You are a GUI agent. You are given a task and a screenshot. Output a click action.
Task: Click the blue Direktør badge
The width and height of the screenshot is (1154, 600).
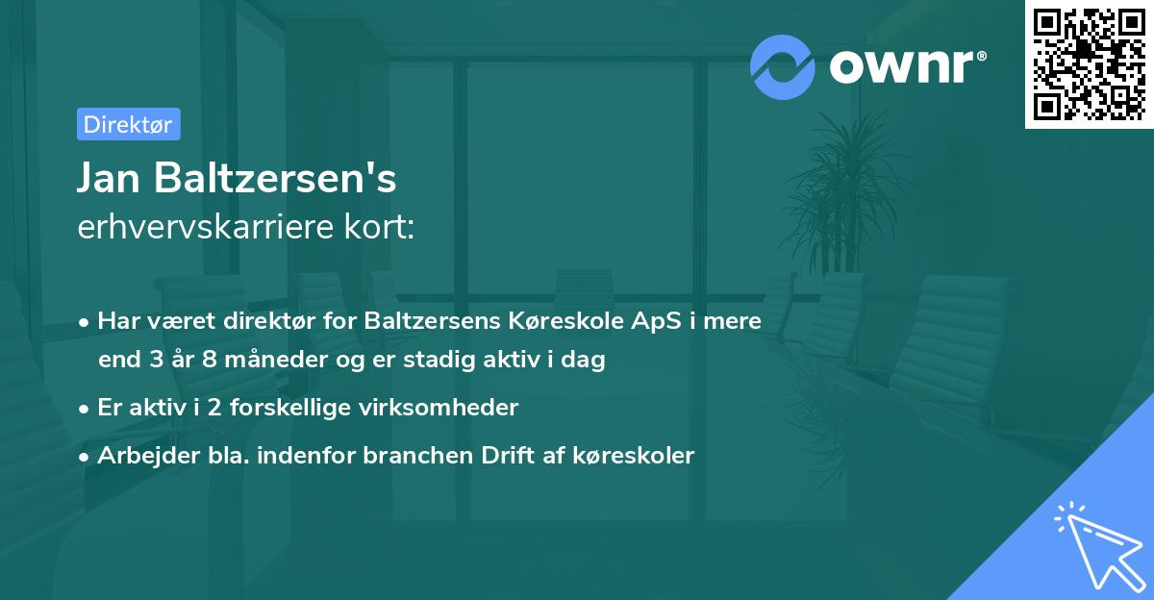(128, 124)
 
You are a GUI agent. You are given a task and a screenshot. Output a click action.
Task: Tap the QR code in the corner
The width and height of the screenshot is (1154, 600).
(1090, 64)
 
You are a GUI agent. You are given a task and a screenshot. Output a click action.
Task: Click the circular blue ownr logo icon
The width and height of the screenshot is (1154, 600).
(782, 66)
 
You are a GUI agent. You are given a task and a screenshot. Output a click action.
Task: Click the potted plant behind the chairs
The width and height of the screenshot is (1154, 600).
(846, 192)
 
